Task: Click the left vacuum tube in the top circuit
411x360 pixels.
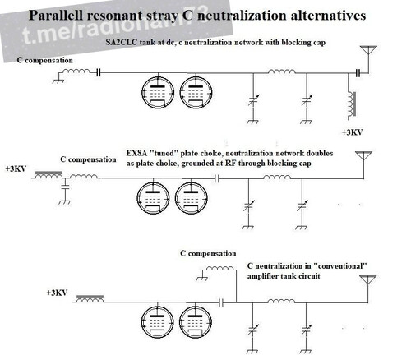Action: (158, 92)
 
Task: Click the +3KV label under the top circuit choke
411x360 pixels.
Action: (352, 132)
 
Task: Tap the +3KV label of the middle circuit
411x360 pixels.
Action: (16, 168)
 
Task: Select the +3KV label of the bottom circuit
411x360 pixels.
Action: (57, 293)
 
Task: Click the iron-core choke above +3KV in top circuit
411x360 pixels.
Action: (352, 104)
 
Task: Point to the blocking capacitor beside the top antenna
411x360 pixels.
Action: (358, 73)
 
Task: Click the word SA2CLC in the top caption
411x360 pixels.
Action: (121, 43)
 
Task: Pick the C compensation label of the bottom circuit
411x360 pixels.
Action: (208, 253)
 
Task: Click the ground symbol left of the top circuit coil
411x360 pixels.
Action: (58, 81)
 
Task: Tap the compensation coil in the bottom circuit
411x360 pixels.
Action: (220, 268)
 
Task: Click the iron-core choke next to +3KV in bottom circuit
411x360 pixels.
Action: (90, 299)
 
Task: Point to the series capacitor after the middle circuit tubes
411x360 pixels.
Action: (217, 179)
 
